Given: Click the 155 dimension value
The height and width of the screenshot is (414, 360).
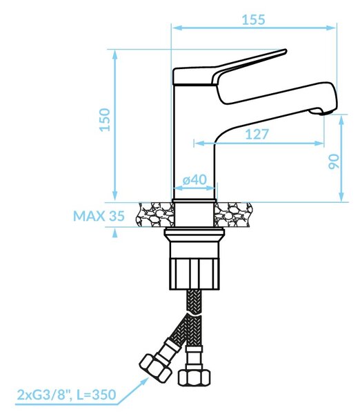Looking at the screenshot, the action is click(x=253, y=19).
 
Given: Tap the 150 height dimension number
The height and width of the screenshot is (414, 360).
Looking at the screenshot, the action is click(x=105, y=119).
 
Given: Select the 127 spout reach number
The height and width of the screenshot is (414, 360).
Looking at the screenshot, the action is click(x=257, y=134).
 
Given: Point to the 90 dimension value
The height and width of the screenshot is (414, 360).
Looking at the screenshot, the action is click(x=334, y=161).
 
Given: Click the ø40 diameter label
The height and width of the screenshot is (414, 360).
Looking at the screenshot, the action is click(x=194, y=180).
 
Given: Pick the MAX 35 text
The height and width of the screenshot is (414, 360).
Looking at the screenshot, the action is click(x=99, y=216).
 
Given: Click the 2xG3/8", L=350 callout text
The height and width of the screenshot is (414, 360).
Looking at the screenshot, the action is click(x=66, y=395).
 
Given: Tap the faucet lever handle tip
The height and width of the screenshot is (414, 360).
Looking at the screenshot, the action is click(x=285, y=51).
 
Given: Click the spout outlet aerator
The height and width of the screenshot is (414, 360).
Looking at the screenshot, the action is click(x=320, y=112).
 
